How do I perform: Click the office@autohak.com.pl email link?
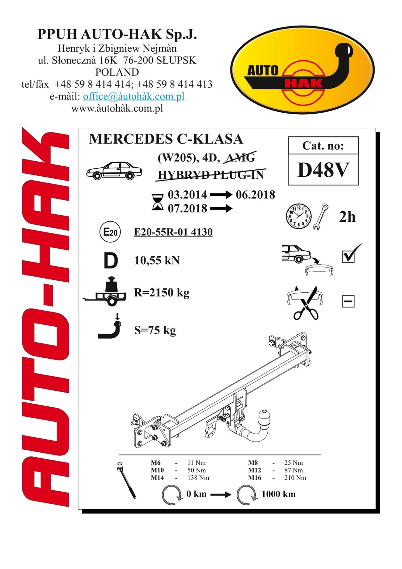(134, 96)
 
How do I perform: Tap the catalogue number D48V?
(323, 170)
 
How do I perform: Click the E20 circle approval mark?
(110, 232)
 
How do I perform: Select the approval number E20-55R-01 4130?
(173, 232)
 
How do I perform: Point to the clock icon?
(298, 216)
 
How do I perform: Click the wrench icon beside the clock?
(320, 217)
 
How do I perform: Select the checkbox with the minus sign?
(348, 301)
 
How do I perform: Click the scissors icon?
(305, 303)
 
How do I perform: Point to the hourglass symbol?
(157, 202)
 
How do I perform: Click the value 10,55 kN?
(157, 261)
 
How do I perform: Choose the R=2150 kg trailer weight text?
(162, 293)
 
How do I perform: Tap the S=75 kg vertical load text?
(155, 331)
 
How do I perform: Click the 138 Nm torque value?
(198, 478)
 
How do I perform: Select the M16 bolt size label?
(255, 478)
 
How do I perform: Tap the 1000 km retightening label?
(278, 494)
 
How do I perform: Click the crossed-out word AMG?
(240, 158)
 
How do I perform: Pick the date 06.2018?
(255, 195)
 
